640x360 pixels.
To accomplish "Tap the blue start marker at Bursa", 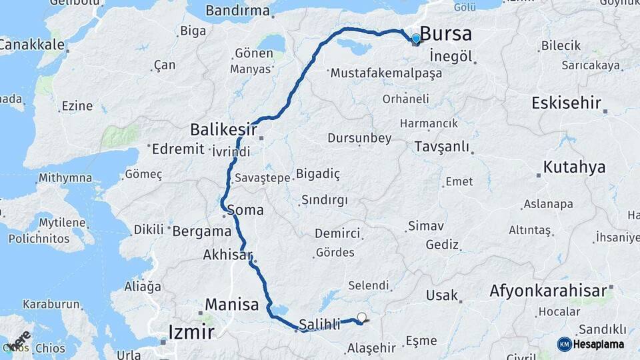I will tap(416, 39).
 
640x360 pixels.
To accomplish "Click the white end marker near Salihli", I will tap(362, 317).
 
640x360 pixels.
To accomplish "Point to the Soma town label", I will tap(245, 210).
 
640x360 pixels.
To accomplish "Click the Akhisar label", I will tap(227, 255).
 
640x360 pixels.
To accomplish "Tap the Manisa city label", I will tap(231, 305).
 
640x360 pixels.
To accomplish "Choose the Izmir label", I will tap(191, 331).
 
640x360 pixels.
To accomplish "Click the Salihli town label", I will tap(320, 325).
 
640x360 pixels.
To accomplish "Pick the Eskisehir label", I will tap(566, 103).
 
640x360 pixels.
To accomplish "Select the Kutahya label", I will tap(574, 167).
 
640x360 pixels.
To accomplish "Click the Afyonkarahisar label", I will tap(548, 291).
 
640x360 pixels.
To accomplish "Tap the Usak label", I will tap(442, 295).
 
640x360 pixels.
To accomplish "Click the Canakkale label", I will tap(32, 45).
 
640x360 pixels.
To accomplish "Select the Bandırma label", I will tap(238, 11).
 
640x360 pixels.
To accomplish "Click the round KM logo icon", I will tap(565, 344).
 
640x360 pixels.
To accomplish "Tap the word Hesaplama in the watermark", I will tap(599, 344).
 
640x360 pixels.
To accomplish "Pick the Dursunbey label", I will tap(359, 138).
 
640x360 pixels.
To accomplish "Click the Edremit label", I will tap(178, 149).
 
